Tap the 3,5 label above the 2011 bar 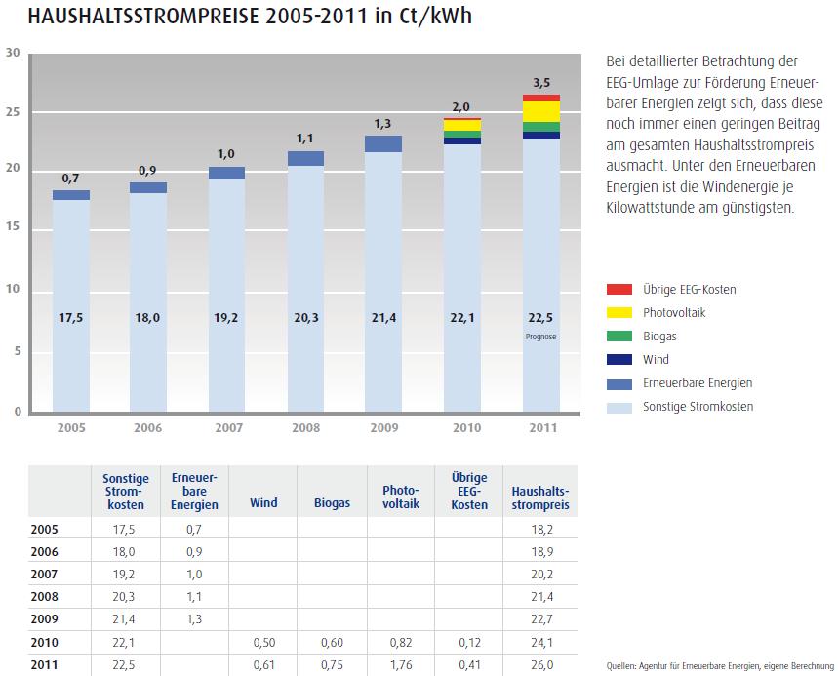540,83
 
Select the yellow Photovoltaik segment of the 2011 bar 540,111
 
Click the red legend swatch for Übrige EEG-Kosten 619,290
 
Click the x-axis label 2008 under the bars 304,427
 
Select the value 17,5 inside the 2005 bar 70,318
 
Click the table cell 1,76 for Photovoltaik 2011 400,665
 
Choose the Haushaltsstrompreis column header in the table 539,490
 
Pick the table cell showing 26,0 539,665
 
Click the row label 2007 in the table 45,575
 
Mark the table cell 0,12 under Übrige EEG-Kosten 469,643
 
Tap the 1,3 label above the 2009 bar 384,124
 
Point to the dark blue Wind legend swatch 619,360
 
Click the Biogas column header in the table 332,503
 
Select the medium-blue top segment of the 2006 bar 148,187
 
